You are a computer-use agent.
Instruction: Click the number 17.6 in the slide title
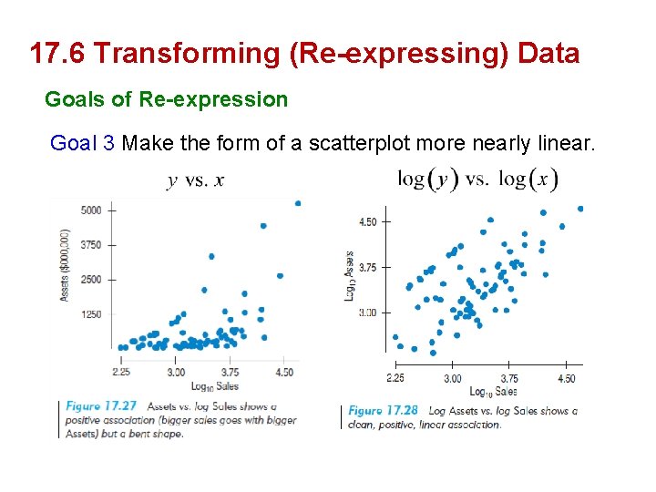(x=57, y=54)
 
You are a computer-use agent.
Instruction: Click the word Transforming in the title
(x=188, y=54)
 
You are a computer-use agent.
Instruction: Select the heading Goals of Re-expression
(x=166, y=98)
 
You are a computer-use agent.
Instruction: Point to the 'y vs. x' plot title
(x=195, y=179)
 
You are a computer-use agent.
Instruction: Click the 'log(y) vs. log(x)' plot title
(x=477, y=179)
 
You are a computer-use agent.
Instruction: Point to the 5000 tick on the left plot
(x=91, y=210)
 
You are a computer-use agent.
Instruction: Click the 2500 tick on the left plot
(x=91, y=280)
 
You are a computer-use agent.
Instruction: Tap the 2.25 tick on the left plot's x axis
(x=121, y=372)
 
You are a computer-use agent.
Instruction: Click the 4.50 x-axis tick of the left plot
(x=284, y=372)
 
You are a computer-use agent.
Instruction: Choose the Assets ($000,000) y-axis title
(x=66, y=264)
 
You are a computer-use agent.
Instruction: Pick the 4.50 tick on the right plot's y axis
(x=367, y=221)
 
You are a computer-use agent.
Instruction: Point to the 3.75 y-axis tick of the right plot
(x=367, y=267)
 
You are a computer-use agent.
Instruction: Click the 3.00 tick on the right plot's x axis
(x=452, y=379)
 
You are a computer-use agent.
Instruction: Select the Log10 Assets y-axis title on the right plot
(x=349, y=277)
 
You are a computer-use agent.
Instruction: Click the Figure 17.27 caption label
(x=101, y=406)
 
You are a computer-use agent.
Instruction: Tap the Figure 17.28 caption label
(x=384, y=411)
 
